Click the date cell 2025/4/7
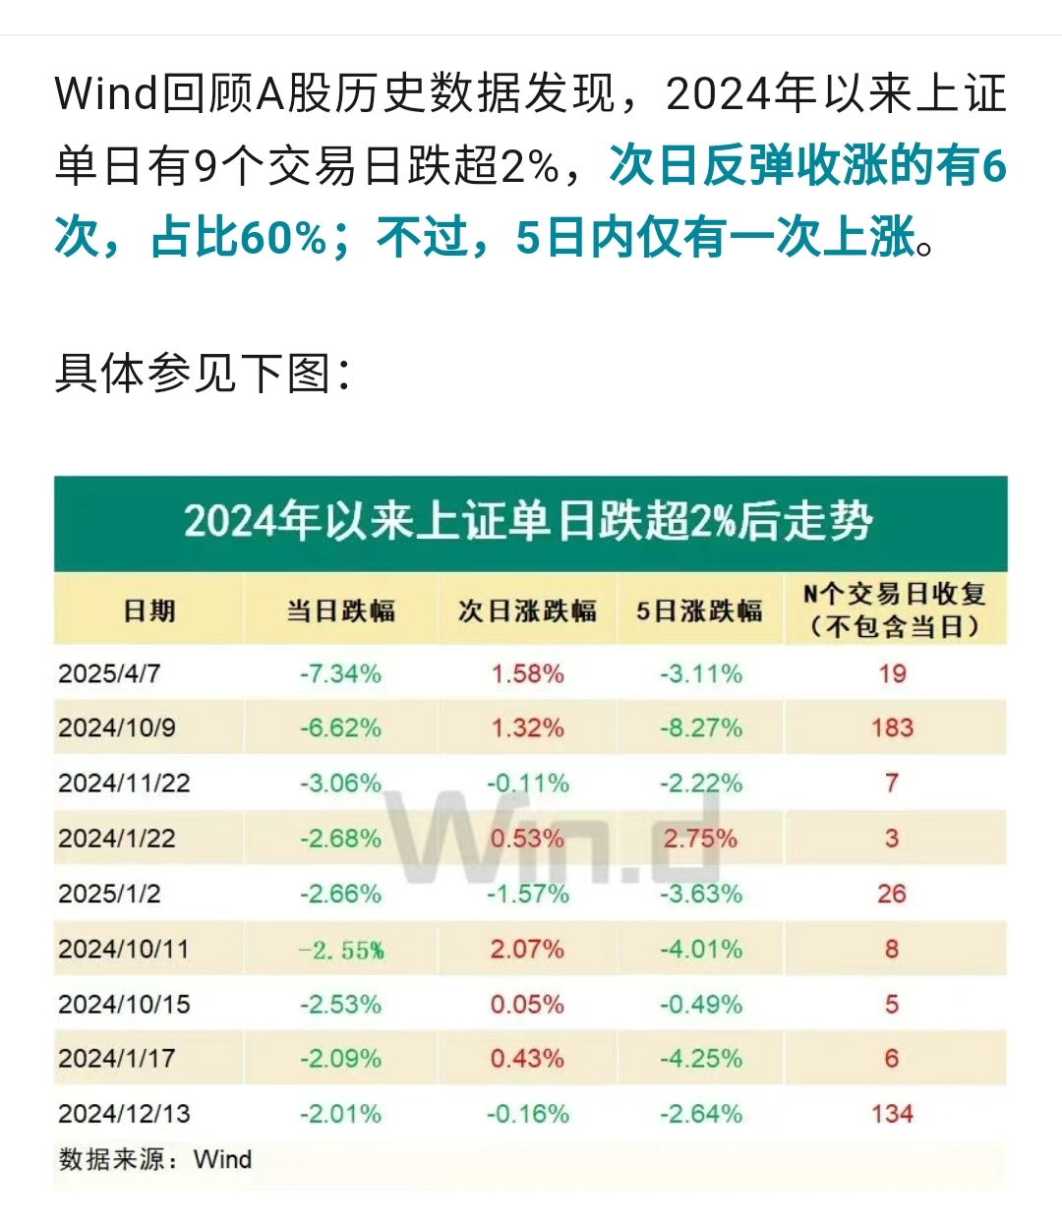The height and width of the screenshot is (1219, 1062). click(x=109, y=674)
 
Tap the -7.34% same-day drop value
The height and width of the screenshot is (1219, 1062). click(x=340, y=674)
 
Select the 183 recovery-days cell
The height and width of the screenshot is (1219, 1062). click(x=892, y=728)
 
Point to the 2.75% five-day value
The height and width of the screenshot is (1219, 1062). click(x=700, y=839)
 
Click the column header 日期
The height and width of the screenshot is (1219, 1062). click(x=149, y=610)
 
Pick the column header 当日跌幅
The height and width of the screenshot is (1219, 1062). click(x=340, y=610)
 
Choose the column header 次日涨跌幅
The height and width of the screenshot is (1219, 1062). click(x=527, y=610)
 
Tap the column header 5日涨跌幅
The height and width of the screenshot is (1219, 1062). click(x=699, y=610)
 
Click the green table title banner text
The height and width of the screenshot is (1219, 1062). click(x=528, y=521)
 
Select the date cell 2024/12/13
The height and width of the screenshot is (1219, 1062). click(x=124, y=1114)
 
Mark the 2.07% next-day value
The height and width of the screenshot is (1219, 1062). click(x=527, y=950)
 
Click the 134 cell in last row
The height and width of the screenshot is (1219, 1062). click(x=892, y=1114)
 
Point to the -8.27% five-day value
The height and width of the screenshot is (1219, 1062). click(x=700, y=728)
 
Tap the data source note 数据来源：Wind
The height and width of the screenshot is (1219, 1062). click(x=155, y=1159)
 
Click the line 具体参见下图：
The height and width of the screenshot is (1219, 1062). click(x=203, y=373)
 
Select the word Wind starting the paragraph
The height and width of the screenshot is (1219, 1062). click(x=106, y=94)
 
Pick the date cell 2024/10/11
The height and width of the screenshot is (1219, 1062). click(x=123, y=950)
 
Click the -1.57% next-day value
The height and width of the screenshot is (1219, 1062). click(x=528, y=894)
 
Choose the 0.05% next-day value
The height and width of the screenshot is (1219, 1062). click(x=527, y=1005)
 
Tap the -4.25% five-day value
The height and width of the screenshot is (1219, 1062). click(x=700, y=1059)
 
